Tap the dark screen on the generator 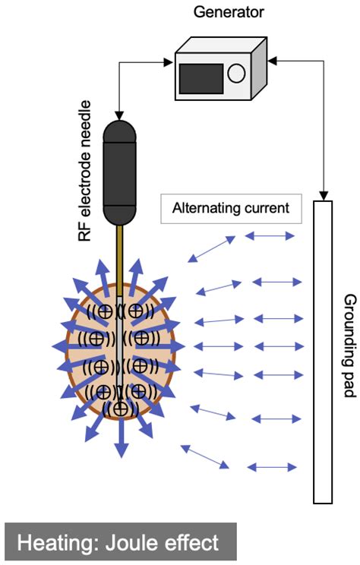coord(201,78)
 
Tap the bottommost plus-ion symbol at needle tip coord(119,408)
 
